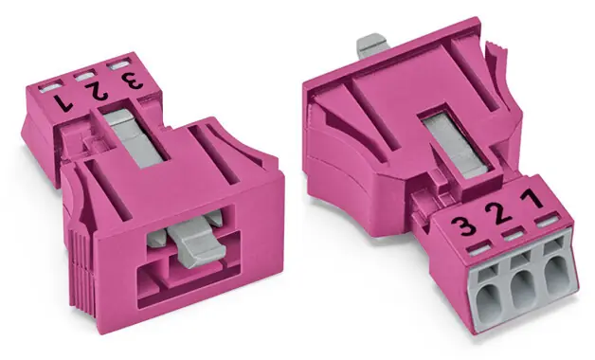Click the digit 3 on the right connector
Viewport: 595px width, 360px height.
tap(463, 227)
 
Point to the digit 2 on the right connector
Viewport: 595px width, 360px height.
tap(499, 213)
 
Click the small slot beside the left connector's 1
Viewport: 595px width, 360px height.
tap(49, 87)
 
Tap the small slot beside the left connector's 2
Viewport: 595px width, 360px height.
tap(85, 76)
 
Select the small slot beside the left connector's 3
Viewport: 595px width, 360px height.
tap(117, 64)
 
